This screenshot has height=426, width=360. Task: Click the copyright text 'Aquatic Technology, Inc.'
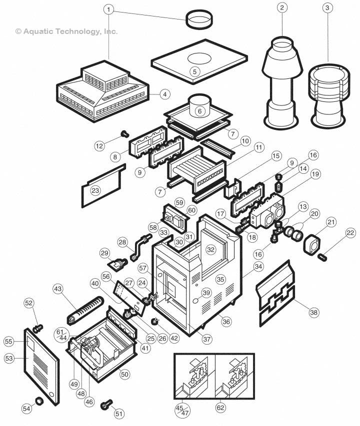click(66, 31)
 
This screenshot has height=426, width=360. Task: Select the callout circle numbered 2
click(283, 8)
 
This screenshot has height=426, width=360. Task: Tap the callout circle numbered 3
click(327, 8)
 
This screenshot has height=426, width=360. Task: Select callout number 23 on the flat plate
click(95, 190)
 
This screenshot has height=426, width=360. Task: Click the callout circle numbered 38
click(313, 312)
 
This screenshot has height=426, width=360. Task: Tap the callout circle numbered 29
click(104, 254)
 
